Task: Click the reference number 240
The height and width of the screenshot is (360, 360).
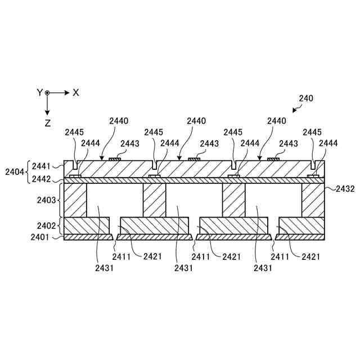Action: [x=306, y=98]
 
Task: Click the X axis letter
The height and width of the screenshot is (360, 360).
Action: [x=76, y=92]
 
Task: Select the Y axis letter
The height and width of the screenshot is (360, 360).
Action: [x=40, y=92]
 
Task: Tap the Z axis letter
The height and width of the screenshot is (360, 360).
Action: [x=48, y=122]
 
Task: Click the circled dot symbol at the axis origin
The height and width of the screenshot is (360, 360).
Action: [x=48, y=92]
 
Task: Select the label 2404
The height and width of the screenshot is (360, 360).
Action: [x=14, y=171]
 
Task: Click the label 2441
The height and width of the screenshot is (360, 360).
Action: [x=41, y=166]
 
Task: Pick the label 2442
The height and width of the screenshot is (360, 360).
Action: [x=41, y=179]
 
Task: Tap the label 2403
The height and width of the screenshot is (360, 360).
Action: [x=46, y=200]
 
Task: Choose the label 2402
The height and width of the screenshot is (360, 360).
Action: [x=46, y=226]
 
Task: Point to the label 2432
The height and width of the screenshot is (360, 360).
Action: [x=345, y=189]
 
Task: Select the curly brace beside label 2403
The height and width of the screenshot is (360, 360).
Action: [x=59, y=200]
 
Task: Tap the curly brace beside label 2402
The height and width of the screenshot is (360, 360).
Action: [x=59, y=226]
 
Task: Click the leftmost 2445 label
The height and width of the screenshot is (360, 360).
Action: [x=74, y=132]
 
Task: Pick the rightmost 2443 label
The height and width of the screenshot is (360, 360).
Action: [x=289, y=144]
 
